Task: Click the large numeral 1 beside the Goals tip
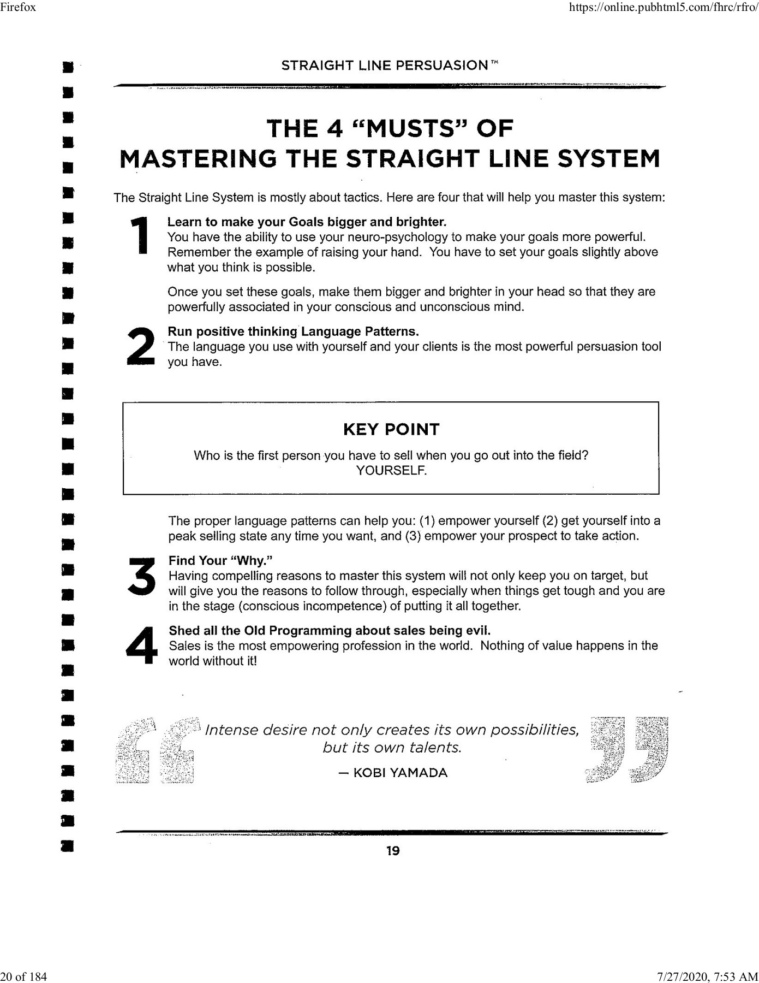141,236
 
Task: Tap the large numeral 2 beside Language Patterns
141,346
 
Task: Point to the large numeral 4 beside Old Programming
141,646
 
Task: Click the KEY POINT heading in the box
391,429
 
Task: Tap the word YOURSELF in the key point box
391,471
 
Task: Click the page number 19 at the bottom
393,851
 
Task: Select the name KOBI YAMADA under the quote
400,773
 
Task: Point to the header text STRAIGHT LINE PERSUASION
385,66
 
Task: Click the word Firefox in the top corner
18,7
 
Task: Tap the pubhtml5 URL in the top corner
663,7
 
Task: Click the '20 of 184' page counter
23,976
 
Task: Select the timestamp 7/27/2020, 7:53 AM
708,976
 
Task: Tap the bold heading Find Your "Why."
220,561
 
